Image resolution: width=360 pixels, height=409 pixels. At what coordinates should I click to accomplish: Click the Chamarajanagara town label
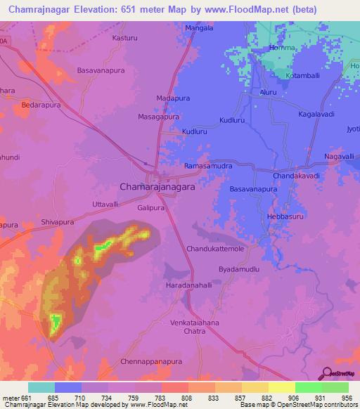157,188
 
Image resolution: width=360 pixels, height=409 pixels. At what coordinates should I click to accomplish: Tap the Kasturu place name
125,37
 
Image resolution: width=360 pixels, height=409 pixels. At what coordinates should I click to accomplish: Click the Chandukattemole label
214,249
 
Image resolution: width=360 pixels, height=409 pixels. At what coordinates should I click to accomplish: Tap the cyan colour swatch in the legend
41,387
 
